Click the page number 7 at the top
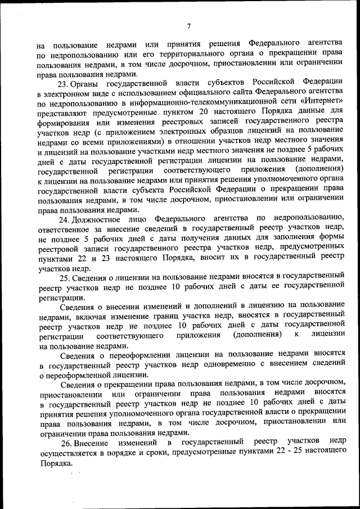click(x=189, y=26)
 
